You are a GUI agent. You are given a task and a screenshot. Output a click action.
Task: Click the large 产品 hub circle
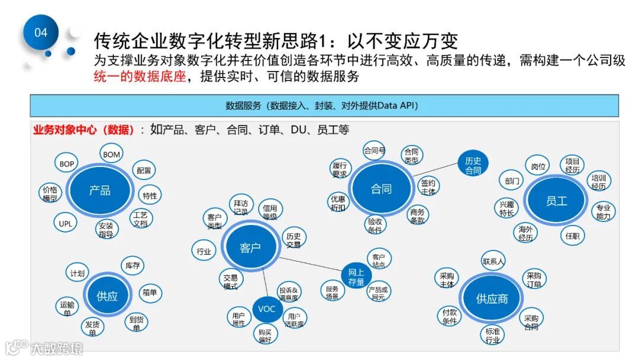(99, 191)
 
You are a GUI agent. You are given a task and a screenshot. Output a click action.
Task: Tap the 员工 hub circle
(556, 201)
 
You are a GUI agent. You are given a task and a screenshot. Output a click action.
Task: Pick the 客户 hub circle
(250, 247)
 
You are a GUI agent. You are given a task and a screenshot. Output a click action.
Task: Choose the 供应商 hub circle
(492, 299)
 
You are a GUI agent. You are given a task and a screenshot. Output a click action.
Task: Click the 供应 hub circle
(107, 297)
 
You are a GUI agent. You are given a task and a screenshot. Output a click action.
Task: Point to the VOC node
(267, 309)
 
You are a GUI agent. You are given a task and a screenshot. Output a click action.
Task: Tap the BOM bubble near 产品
(111, 155)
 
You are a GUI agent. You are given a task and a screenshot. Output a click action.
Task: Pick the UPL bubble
(65, 224)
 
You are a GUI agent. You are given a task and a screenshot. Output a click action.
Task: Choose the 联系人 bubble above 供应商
(493, 261)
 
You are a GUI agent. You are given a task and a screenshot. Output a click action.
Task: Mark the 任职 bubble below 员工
(572, 236)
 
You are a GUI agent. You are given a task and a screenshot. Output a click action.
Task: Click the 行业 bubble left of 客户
(204, 251)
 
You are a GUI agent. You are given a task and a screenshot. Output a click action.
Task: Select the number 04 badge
(41, 33)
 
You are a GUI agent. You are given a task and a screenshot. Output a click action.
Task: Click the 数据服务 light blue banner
(324, 106)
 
